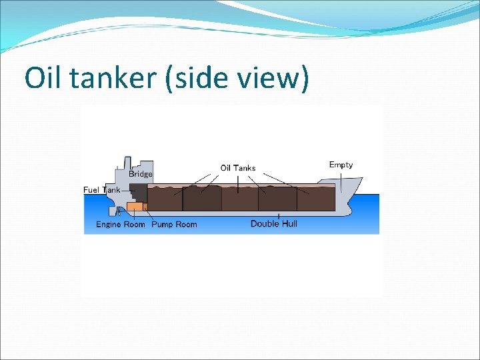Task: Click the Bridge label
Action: (x=141, y=174)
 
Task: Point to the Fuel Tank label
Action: (x=102, y=190)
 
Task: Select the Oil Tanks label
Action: (x=238, y=167)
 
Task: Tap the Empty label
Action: (x=341, y=165)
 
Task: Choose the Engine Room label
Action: (x=120, y=224)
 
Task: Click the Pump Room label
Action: (x=174, y=224)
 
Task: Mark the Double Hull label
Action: (x=274, y=223)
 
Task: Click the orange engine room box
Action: (x=135, y=207)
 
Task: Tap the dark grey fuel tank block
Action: (x=138, y=192)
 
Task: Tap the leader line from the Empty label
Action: (x=341, y=182)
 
